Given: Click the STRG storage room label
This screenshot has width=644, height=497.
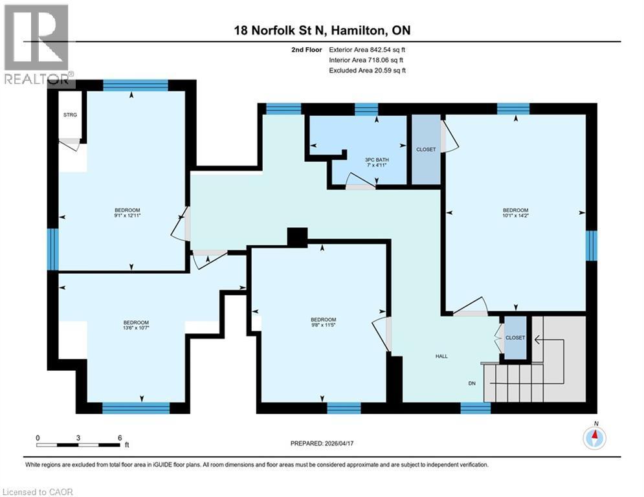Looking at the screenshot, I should coord(70,116).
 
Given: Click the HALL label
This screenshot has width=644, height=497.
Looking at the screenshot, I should coord(441,356).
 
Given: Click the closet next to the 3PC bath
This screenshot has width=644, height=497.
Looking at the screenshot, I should coord(426,149).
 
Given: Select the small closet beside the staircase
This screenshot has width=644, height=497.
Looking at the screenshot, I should coord(515,338).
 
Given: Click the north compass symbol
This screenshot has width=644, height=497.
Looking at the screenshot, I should coord(594,437).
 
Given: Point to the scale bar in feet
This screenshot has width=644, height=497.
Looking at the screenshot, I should coord(79,445).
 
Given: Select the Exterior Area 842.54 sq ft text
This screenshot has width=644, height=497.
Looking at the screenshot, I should coord(367,49).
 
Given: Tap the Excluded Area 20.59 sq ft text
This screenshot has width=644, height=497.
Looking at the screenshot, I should coord(367,70).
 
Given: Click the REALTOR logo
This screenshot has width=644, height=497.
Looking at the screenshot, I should coord(36,44).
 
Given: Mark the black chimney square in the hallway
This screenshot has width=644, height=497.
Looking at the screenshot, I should coord(297,237).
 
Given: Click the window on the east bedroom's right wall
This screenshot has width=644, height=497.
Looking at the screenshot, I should coord(591,246).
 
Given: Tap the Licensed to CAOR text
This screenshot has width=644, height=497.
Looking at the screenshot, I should coord(38,492).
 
